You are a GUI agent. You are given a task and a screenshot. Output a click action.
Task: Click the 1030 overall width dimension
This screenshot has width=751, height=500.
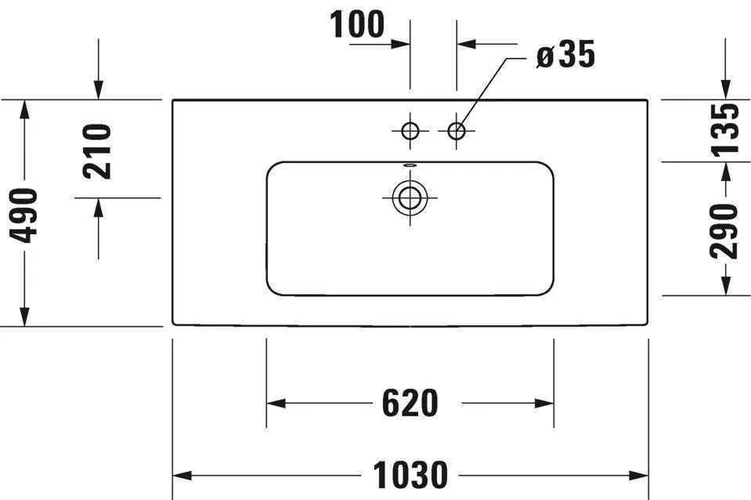coord(410,475)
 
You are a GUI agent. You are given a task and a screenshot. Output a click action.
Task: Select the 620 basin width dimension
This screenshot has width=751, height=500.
coord(410,403)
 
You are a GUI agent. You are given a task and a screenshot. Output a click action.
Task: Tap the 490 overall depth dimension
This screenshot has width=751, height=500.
coord(23,216)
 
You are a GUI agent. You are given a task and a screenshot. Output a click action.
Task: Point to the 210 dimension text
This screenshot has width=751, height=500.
coord(97,151)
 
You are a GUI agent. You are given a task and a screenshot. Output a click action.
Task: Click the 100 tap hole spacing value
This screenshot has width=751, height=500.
coord(357,24)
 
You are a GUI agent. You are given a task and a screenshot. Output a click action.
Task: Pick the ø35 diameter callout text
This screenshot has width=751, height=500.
coord(565,54)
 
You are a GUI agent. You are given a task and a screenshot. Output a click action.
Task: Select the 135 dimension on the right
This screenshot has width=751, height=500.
coord(724,130)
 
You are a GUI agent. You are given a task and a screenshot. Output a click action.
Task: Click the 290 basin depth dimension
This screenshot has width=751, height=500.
coord(724,231)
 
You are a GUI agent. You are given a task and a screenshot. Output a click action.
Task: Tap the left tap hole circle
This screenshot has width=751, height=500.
coord(410,130)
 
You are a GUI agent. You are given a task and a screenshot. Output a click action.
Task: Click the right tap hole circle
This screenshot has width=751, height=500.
coord(457,130)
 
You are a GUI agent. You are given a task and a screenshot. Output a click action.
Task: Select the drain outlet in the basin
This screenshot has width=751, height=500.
coord(410,197)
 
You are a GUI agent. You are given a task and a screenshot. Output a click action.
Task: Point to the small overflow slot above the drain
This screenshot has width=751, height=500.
coord(410,165)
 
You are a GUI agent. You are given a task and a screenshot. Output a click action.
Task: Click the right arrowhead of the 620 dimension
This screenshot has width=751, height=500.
coord(544,403)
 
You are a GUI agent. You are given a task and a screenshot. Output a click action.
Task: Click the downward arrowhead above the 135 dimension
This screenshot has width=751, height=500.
coord(726,89)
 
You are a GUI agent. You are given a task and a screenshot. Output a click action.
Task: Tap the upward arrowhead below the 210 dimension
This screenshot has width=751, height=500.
coord(98,208)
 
